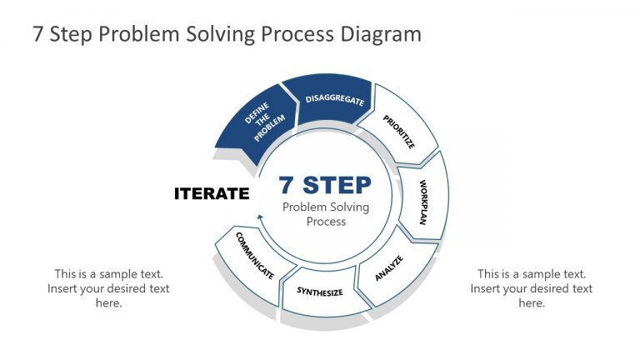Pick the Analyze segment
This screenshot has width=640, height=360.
pos(389,268)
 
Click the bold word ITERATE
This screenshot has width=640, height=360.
pos(212,193)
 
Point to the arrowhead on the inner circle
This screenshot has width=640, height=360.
pos(260,218)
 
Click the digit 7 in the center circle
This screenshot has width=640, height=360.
pos(287,184)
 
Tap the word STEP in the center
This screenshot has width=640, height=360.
pos(337,184)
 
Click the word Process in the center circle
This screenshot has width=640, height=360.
pos(326,222)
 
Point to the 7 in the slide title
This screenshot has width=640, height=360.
pos(38,34)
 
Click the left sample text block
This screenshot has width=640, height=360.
pos(109,288)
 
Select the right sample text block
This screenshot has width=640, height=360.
pos(531,288)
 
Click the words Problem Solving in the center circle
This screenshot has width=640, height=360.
pos(326,207)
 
